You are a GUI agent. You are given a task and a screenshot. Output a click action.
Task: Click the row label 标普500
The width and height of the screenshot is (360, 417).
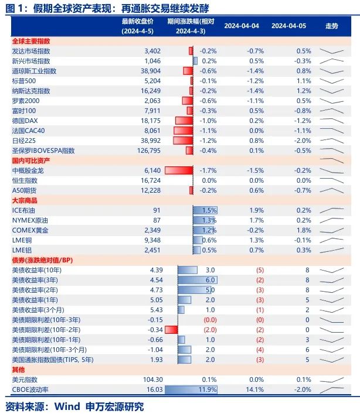pos(24,81)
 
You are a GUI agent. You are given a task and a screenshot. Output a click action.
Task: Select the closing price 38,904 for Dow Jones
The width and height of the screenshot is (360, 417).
pos(151,71)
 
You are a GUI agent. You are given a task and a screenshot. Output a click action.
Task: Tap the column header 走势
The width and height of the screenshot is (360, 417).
pos(331,26)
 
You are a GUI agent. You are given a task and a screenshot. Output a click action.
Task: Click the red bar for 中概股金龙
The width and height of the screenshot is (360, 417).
pos(179,170)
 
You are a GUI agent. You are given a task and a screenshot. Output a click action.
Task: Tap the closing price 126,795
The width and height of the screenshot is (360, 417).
pos(148,151)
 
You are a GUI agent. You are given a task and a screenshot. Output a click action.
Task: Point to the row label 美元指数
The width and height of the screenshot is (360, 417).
pos(24,380)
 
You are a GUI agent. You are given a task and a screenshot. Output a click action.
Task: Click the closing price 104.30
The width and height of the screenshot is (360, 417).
pos(150,380)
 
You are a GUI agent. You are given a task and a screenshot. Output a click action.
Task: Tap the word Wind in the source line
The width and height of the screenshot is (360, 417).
pos(68,406)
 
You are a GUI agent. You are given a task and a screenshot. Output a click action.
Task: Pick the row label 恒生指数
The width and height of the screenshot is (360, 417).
pos(24,180)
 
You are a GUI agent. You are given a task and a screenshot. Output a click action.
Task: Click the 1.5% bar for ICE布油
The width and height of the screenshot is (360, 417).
pos(205,210)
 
